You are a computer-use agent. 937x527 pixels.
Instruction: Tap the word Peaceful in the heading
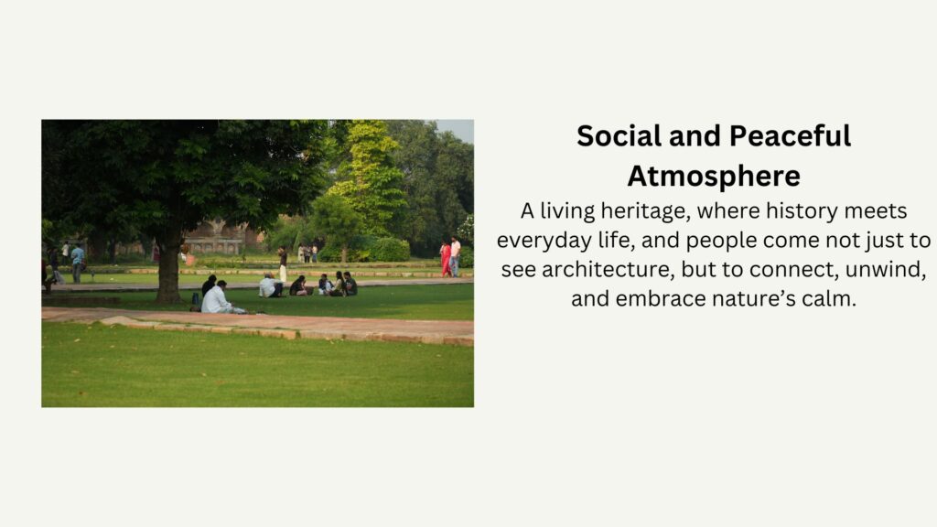pos(790,136)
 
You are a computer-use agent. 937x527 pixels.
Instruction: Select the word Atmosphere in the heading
pos(714,177)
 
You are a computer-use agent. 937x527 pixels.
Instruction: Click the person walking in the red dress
pos(446,259)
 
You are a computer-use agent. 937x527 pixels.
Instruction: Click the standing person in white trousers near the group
pos(283,264)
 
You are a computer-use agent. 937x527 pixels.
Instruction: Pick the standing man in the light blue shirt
pos(77,263)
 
